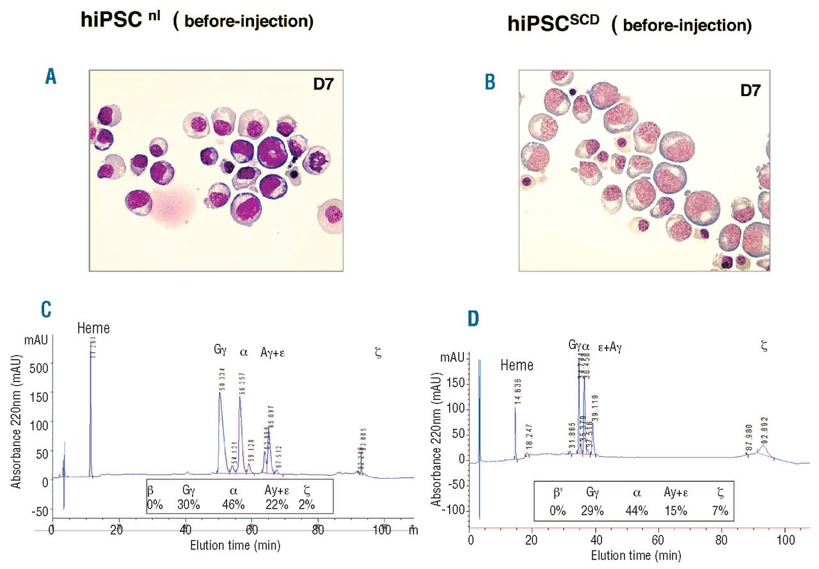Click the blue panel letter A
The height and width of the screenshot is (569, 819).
[51, 77]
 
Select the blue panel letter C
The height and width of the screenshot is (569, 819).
[46, 309]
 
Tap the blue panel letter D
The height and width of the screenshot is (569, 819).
[473, 319]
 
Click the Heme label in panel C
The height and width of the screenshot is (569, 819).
[93, 328]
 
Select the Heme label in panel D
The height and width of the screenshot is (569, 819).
[517, 366]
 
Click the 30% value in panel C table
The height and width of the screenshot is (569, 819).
[189, 504]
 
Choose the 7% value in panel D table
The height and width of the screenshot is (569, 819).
[720, 510]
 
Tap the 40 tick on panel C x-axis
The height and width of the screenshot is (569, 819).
[185, 531]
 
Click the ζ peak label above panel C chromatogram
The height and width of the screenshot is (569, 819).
[378, 352]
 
